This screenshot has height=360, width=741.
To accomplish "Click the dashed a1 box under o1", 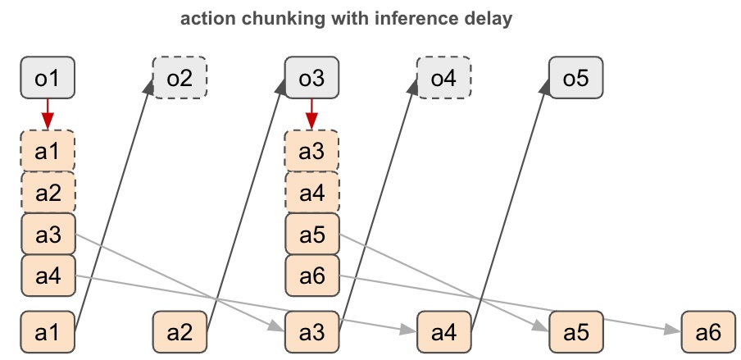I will (x=48, y=151).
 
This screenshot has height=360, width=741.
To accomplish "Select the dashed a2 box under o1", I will (x=48, y=193).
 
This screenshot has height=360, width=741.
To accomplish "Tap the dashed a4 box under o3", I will (x=311, y=193).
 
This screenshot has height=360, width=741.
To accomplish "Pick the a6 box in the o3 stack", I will (x=311, y=276).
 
